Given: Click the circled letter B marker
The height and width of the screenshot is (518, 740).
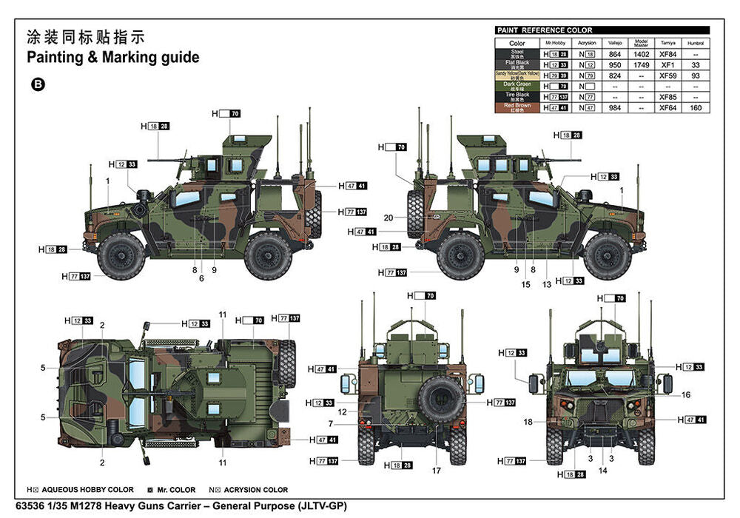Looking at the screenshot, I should click(38, 85).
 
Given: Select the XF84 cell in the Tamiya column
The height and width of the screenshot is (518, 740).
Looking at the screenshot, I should click(667, 54).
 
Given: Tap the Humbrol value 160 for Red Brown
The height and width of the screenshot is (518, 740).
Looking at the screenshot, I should click(695, 107).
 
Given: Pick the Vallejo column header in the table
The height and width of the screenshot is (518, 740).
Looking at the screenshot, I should click(615, 43).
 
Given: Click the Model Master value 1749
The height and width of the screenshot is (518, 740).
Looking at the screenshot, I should click(642, 64).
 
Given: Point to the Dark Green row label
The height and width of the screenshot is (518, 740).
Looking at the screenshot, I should click(517, 86).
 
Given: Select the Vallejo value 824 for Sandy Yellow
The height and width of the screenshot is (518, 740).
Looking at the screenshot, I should click(615, 75).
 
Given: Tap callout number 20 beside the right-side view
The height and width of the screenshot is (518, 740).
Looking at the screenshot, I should click(389, 218).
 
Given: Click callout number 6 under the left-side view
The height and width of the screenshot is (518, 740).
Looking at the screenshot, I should click(201, 278).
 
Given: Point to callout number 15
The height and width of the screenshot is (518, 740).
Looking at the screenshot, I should click(525, 284).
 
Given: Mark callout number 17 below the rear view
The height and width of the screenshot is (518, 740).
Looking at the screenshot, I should click(437, 471).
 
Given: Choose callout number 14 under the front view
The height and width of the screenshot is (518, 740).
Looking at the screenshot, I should click(602, 471).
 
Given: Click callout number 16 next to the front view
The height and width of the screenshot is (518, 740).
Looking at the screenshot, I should click(686, 395).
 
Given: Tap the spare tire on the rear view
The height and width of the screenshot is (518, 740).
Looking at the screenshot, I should click(441, 399).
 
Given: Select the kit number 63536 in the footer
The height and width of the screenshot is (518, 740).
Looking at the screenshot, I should click(41, 506).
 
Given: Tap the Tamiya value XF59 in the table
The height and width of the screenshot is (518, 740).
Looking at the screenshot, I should click(667, 75).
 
